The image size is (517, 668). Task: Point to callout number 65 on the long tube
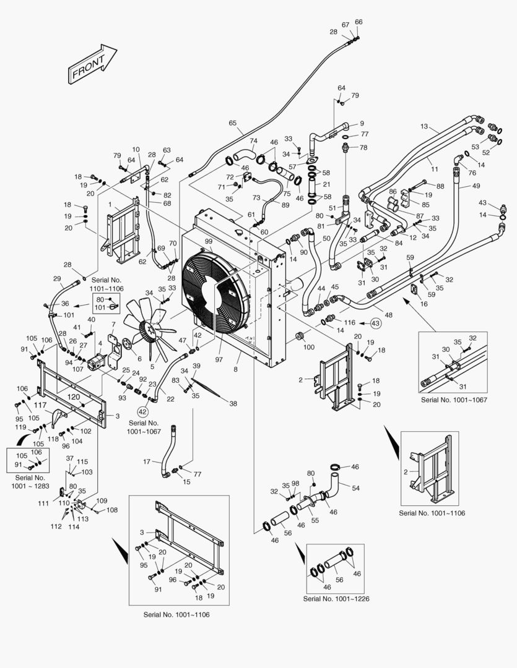[x=232, y=123]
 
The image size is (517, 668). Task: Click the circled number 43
[x=376, y=323]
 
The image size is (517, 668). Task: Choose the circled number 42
[x=142, y=411]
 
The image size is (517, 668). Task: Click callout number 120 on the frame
[x=73, y=396]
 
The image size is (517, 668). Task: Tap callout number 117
[x=40, y=406]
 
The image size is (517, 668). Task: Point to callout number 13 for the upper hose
[x=424, y=126]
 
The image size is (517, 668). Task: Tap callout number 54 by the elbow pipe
[x=355, y=489]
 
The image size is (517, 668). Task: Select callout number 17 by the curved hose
[x=147, y=461]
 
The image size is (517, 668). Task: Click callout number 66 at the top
[x=358, y=22]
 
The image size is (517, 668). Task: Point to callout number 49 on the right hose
[x=476, y=186]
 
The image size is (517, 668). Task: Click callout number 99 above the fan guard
[x=209, y=241]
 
